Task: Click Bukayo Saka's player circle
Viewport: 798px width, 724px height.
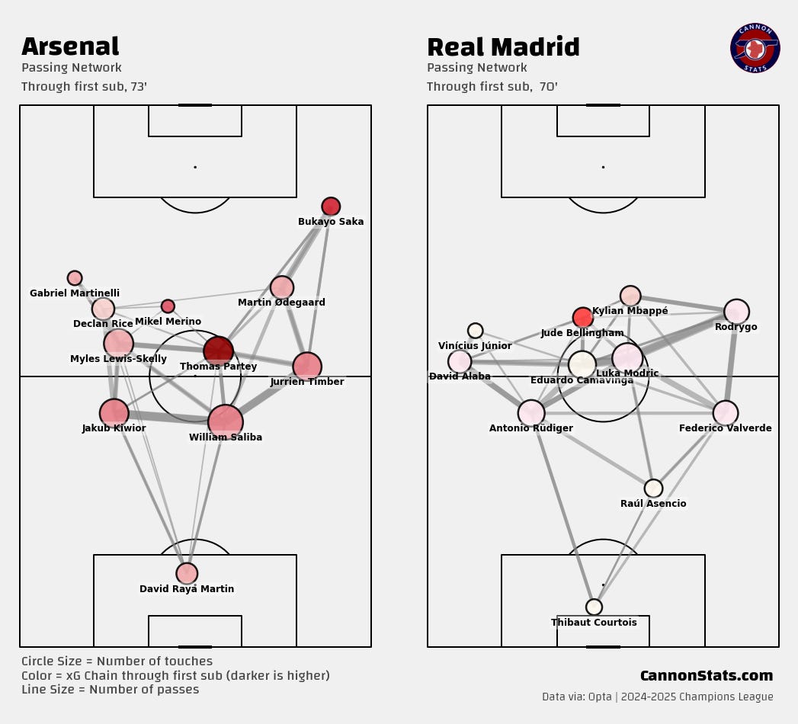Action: (x=331, y=207)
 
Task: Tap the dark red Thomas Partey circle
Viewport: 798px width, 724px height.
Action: (x=219, y=351)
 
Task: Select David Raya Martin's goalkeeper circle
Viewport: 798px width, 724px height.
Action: (x=187, y=573)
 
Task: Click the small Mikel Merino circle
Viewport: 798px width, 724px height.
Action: (x=168, y=306)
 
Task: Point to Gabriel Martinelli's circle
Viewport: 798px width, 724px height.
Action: (x=75, y=278)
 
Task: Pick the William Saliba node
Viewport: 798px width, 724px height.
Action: (x=226, y=421)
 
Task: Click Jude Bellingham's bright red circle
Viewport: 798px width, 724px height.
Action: (x=582, y=318)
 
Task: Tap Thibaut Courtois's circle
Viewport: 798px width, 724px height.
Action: (x=594, y=607)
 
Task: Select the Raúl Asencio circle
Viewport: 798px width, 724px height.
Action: (x=653, y=489)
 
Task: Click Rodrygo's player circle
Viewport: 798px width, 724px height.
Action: (x=736, y=311)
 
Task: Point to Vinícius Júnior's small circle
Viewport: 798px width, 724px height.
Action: (x=475, y=331)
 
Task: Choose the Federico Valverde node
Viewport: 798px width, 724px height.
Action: (x=726, y=413)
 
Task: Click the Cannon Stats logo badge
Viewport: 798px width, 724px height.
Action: (x=755, y=48)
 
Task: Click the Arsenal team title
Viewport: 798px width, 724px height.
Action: (x=70, y=46)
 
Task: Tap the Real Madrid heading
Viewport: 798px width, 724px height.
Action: (x=503, y=47)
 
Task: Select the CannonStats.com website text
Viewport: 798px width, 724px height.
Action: (x=706, y=676)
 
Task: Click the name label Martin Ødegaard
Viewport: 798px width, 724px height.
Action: (x=281, y=303)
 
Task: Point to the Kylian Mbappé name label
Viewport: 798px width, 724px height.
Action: (x=630, y=311)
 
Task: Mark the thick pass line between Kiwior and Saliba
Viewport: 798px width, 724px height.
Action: (x=169, y=417)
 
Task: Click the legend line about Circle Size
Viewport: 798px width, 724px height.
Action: (x=117, y=662)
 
